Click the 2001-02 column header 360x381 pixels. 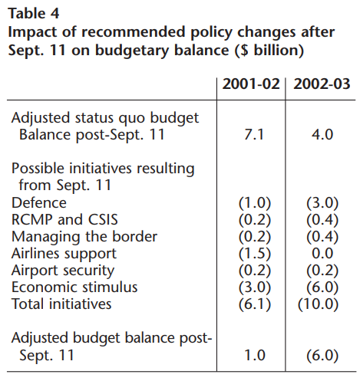251,84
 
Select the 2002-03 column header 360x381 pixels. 322,84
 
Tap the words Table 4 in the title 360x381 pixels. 34,13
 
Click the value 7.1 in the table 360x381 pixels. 254,134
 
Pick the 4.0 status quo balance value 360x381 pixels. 322,134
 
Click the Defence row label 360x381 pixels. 39,203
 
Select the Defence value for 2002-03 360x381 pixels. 322,203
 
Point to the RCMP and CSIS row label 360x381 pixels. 64,220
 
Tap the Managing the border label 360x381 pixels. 84,237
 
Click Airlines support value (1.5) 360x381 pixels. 255,254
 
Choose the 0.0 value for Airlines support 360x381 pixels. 322,254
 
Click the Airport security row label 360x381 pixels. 63,271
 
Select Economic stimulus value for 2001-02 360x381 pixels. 255,287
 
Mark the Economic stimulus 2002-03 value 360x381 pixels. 322,287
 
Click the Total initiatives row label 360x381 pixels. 61,304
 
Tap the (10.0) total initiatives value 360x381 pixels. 318,304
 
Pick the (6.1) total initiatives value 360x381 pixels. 255,304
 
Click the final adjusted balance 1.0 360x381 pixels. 255,355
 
